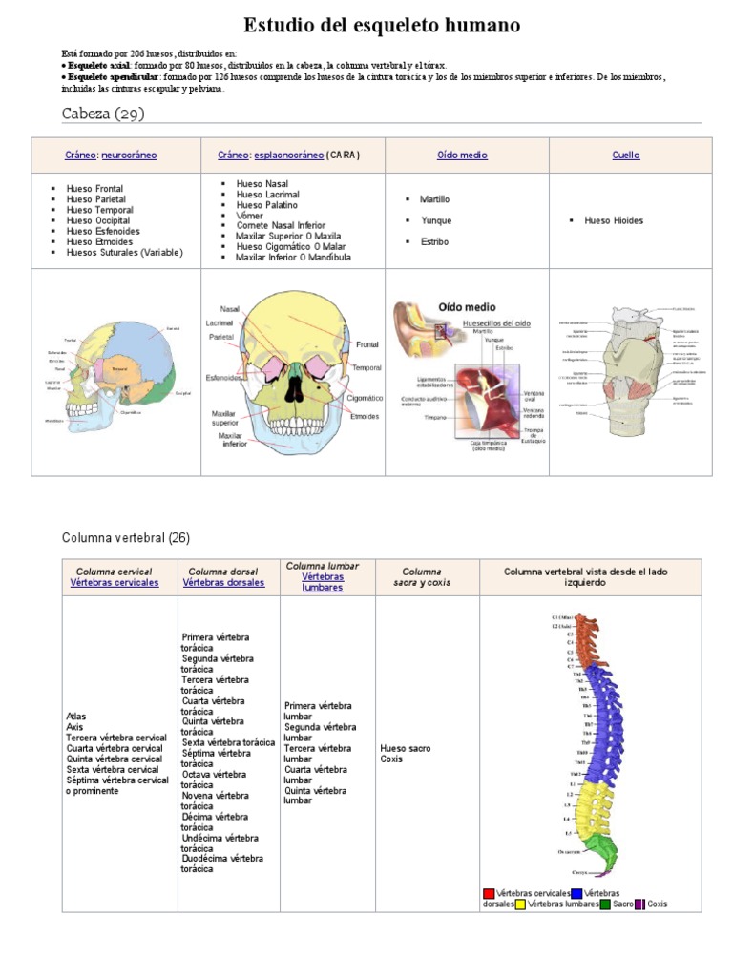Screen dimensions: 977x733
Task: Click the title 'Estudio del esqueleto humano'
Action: tap(382, 26)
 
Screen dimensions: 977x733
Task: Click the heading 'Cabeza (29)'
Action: tap(103, 114)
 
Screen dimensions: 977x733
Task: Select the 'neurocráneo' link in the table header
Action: tap(129, 155)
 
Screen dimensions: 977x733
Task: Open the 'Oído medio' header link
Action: tap(462, 155)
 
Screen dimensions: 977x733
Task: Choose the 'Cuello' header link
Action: tap(626, 155)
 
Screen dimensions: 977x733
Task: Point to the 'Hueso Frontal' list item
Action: tap(94, 189)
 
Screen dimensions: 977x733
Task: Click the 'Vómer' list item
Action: tap(250, 215)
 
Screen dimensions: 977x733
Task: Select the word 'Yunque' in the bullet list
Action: tap(436, 220)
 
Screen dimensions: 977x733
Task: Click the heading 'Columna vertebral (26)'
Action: tap(126, 538)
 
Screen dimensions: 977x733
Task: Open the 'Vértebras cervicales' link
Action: tap(115, 582)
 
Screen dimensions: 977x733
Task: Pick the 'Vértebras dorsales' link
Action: tap(224, 582)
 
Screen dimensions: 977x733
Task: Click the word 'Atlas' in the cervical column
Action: tap(76, 716)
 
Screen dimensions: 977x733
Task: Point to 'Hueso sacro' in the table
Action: tap(405, 749)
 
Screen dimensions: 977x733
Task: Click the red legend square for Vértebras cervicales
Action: tap(489, 893)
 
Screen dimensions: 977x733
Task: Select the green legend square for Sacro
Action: tap(605, 904)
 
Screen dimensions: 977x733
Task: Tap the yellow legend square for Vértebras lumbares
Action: tap(520, 904)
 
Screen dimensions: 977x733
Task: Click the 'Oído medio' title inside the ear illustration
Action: tap(467, 307)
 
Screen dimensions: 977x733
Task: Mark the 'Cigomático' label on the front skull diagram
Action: tap(366, 398)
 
